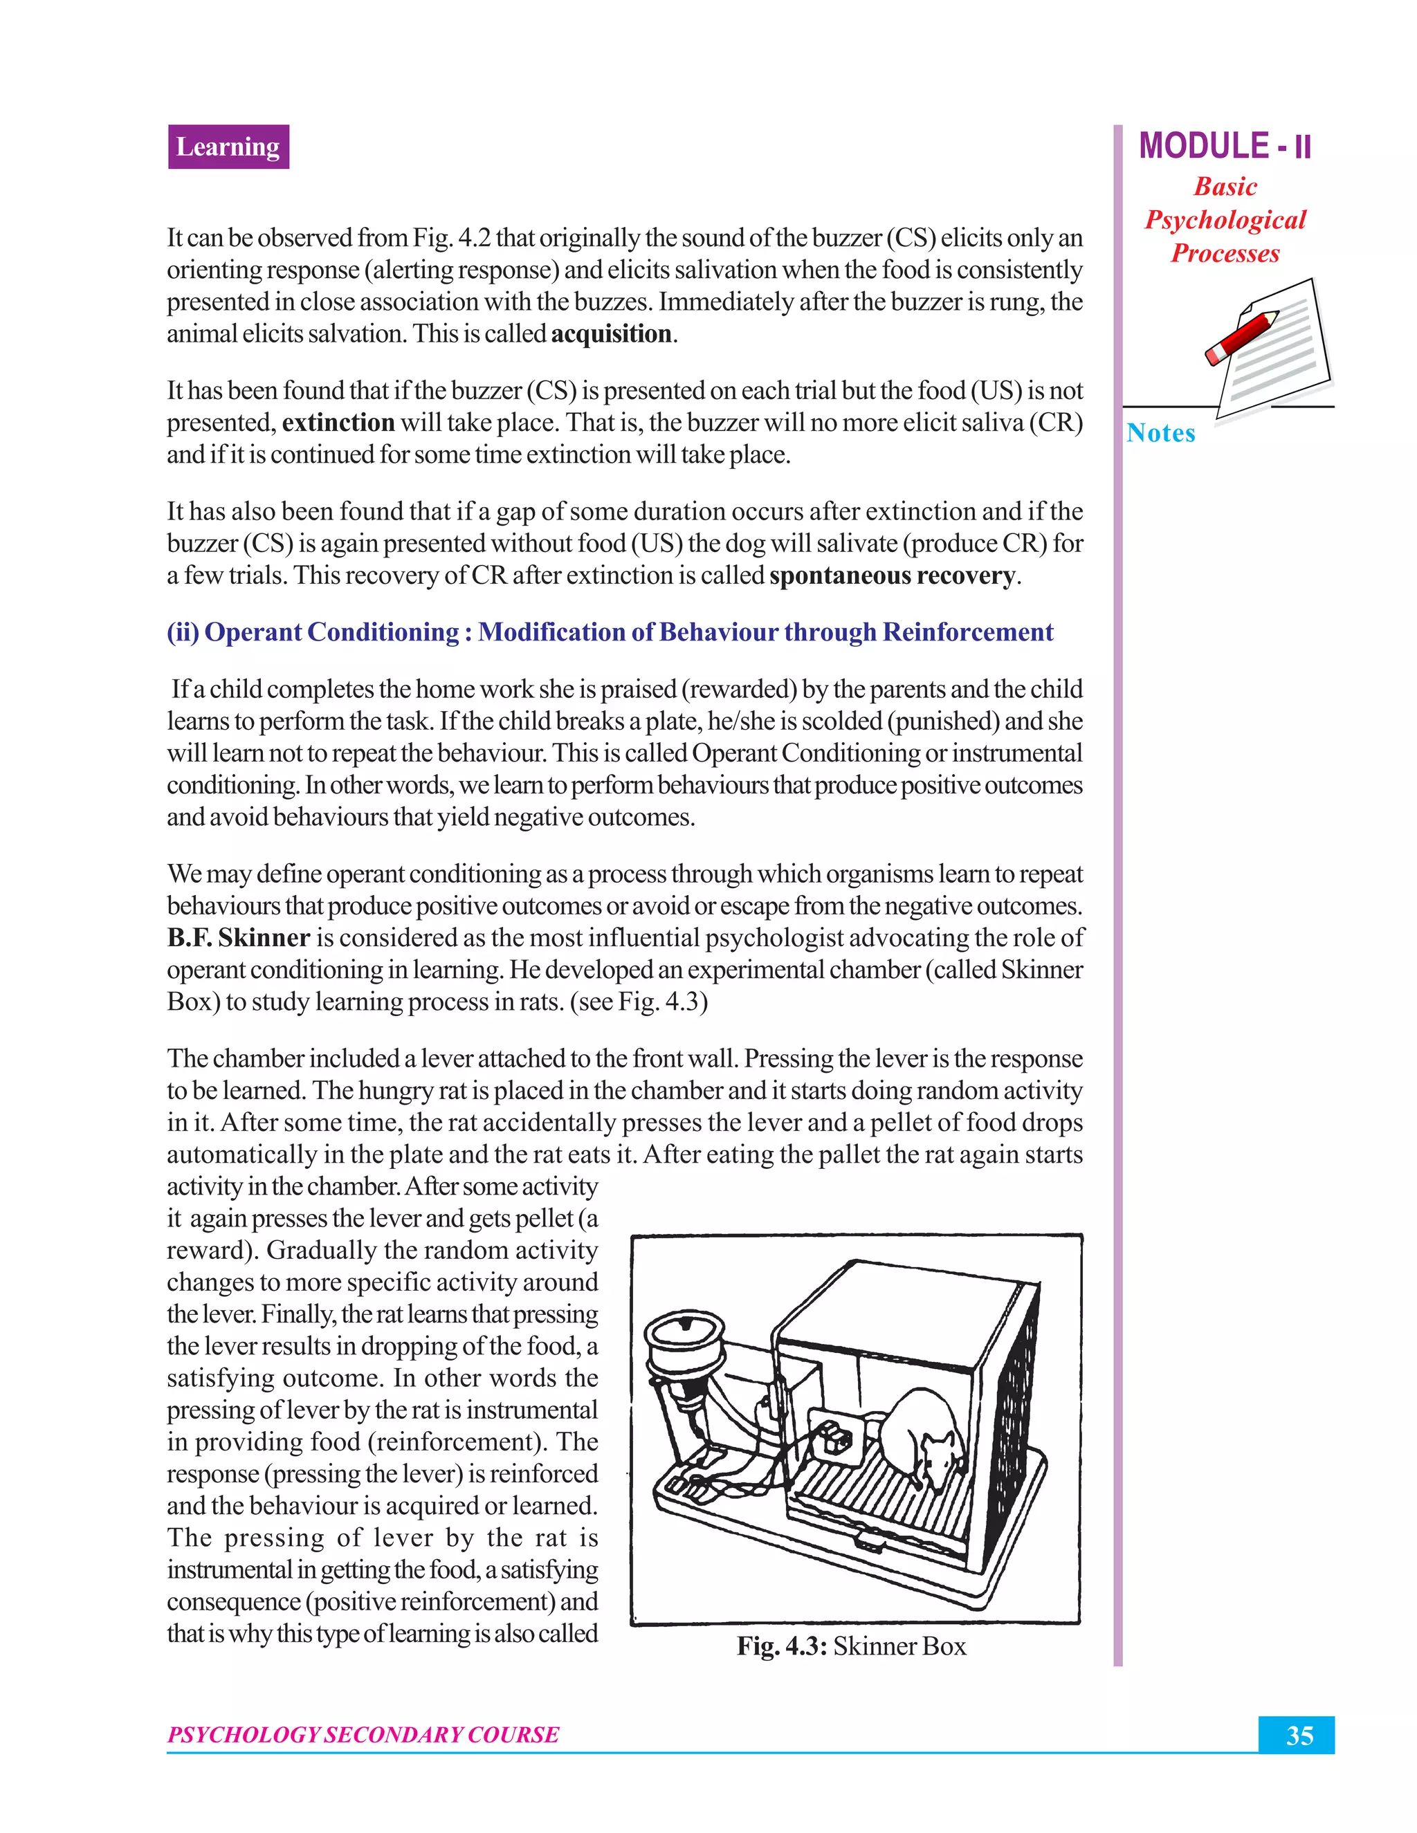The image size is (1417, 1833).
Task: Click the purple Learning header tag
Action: [228, 147]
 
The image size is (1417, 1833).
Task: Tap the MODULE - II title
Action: [1224, 146]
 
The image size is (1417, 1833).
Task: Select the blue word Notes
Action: [1160, 433]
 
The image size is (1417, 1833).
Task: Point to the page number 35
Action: [1299, 1735]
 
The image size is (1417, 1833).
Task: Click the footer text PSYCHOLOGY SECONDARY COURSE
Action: [363, 1735]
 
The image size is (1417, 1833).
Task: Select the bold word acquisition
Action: [611, 334]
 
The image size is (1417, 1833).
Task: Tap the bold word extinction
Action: [338, 422]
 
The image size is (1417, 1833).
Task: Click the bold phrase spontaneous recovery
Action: [891, 575]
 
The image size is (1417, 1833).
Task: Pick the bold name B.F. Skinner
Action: [239, 937]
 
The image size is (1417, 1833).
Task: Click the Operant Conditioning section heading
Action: [610, 632]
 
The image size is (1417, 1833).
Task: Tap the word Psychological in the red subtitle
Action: [1225, 220]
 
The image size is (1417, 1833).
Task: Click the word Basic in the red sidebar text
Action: [1225, 186]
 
